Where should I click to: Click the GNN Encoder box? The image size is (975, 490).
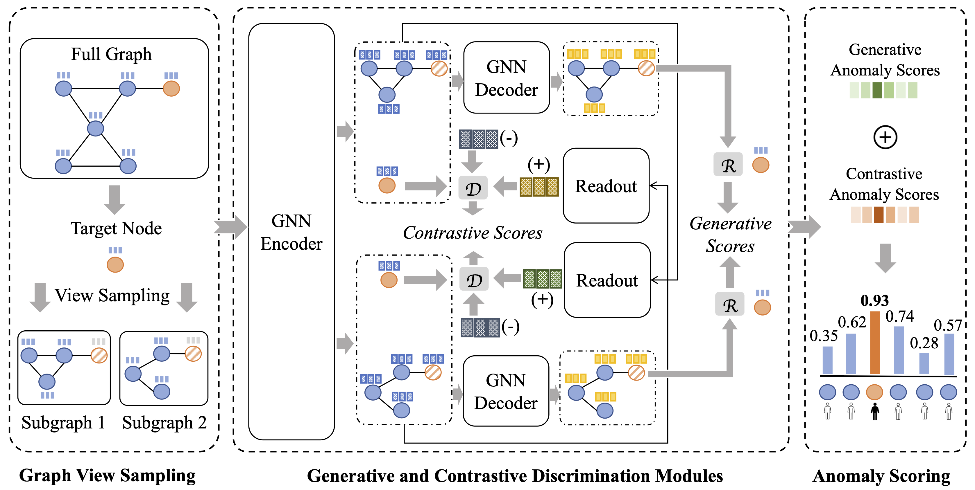coord(291,231)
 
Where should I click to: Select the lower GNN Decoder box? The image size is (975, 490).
coord(506,391)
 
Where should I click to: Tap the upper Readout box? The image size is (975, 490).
coord(606,186)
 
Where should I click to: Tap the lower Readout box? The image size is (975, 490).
coord(607,280)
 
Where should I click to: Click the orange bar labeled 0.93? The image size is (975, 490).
coord(875,343)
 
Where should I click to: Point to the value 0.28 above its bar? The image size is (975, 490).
coord(924,343)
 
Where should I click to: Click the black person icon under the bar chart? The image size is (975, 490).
coord(875,411)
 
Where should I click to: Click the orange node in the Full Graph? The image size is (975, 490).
coord(171,89)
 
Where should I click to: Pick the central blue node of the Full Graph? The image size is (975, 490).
coord(95,129)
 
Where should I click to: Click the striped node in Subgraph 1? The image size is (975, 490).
coord(99,355)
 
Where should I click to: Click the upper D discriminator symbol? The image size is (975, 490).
coord(473,188)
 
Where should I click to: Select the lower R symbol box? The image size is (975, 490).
coord(729,304)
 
